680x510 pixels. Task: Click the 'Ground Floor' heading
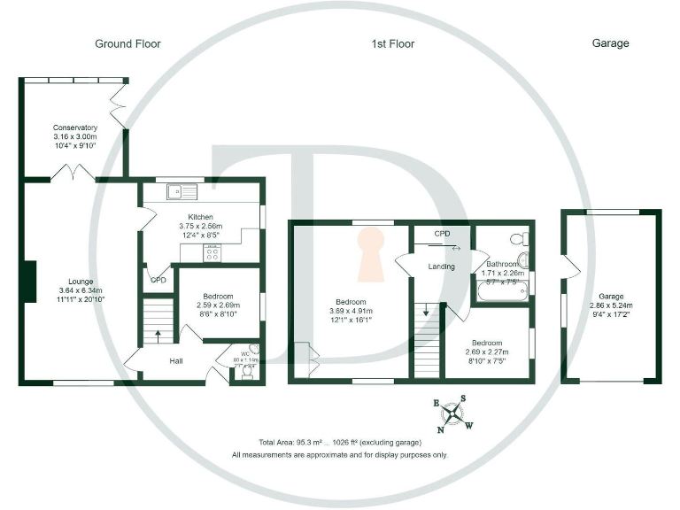click(x=128, y=43)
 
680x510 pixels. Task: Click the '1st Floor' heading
click(x=393, y=43)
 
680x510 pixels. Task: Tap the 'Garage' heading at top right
click(x=610, y=43)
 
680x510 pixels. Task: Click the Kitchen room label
click(x=201, y=216)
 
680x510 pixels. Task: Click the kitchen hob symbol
click(x=213, y=251)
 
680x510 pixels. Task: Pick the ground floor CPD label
click(x=158, y=280)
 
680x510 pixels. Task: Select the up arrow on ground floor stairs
click(x=159, y=336)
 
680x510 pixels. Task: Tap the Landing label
click(x=441, y=267)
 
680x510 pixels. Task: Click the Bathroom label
click(x=502, y=264)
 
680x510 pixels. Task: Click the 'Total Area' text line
click(x=340, y=442)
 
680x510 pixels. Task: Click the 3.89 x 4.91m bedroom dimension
click(x=352, y=311)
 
